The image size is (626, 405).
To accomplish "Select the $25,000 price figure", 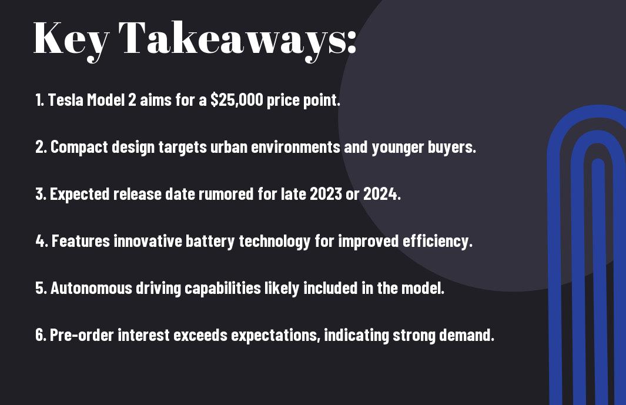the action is tap(237, 100).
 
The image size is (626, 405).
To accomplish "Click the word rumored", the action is tap(226, 194).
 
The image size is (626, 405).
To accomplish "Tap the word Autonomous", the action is tap(91, 288).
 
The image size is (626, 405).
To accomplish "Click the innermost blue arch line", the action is tap(598, 280).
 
